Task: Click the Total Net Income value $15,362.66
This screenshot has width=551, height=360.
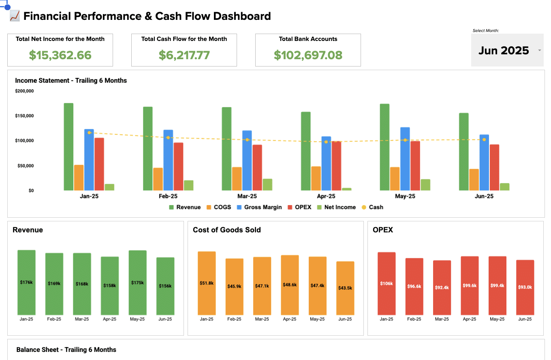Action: tap(60, 55)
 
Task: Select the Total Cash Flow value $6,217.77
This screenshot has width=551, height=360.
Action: tap(184, 55)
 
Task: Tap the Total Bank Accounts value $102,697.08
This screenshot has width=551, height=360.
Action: tap(308, 55)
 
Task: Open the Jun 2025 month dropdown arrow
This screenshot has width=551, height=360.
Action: tap(539, 51)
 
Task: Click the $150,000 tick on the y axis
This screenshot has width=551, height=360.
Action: tap(24, 116)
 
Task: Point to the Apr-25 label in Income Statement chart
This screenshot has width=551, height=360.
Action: tap(326, 196)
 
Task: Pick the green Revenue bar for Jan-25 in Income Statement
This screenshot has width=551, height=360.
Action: tap(68, 147)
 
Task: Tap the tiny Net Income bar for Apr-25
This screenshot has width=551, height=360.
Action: tap(346, 189)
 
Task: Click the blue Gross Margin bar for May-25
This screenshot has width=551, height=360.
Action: tap(405, 159)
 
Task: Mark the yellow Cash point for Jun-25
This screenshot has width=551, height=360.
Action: tap(484, 139)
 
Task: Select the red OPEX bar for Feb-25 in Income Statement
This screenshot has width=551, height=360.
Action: tap(178, 166)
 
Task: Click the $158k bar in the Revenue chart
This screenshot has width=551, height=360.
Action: tap(110, 285)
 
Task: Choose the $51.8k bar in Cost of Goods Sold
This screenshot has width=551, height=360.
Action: tap(207, 283)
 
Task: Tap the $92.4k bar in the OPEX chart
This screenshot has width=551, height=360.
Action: tap(442, 287)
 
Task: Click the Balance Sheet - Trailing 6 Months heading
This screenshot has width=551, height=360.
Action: tap(66, 350)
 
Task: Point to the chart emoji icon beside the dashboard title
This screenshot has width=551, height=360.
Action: tap(15, 16)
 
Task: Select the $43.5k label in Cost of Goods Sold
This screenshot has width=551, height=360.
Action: tap(345, 288)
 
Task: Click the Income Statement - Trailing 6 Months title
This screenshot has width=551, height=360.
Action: tap(71, 81)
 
